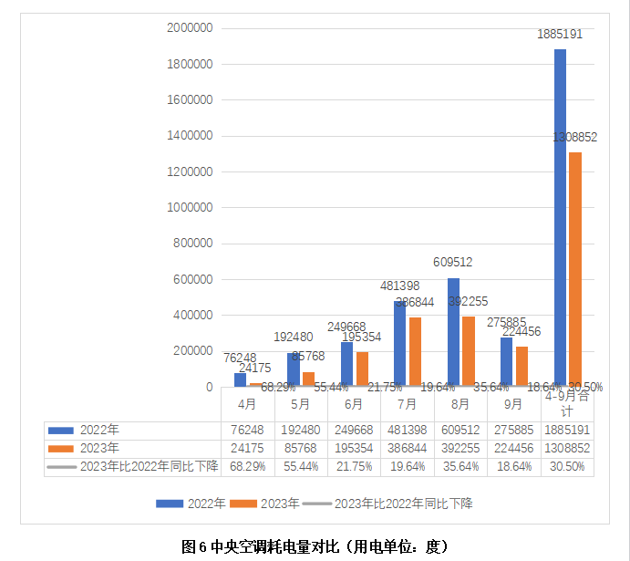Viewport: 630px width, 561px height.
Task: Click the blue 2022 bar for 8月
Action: click(454, 332)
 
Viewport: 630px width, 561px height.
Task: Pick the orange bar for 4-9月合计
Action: click(575, 269)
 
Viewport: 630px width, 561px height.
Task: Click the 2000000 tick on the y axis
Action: click(190, 28)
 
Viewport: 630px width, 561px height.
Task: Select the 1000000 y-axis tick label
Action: click(190, 207)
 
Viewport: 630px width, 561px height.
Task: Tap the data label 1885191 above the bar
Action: click(560, 33)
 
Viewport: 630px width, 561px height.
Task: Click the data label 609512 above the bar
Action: click(453, 263)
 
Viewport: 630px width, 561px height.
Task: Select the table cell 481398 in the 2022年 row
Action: click(407, 430)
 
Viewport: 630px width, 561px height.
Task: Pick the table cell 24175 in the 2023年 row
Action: click(246, 448)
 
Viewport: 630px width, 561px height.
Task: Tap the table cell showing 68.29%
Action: click(246, 466)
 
